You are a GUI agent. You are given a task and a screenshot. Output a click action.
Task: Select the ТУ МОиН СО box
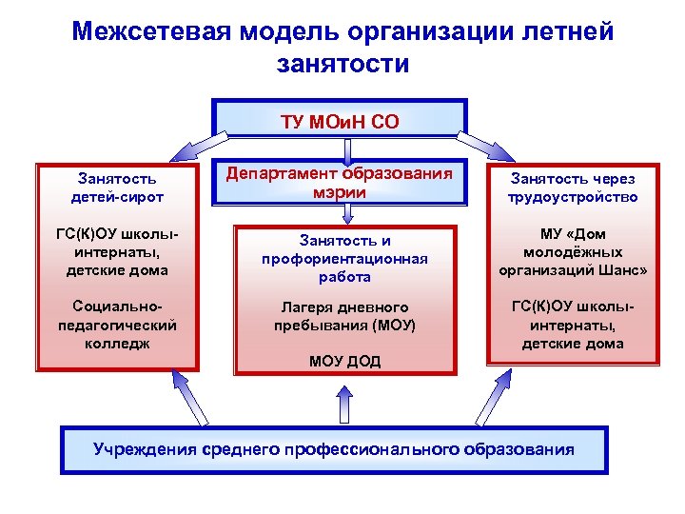[x=341, y=121]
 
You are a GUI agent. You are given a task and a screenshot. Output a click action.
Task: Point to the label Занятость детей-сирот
[x=118, y=187]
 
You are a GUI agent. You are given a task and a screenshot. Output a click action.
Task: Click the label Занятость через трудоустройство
[x=573, y=188]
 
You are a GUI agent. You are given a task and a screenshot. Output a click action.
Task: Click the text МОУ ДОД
[x=345, y=361]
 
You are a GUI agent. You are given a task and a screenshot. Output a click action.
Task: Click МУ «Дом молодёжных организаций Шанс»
[x=573, y=251]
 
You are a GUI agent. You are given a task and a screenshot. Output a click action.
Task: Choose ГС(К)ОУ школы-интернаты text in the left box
[x=118, y=251]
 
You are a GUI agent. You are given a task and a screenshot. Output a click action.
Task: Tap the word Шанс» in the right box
[x=624, y=269]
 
